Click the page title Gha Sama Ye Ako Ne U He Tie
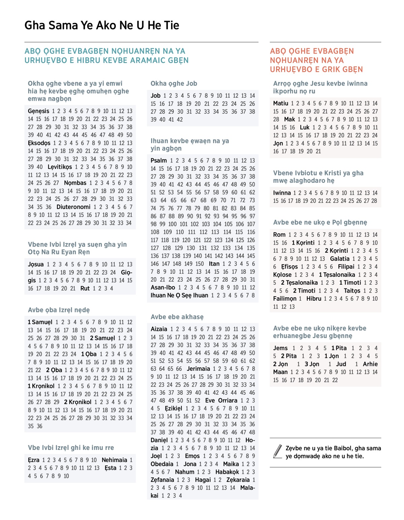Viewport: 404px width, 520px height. click(x=102, y=25)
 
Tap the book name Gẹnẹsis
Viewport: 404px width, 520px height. click(x=38, y=111)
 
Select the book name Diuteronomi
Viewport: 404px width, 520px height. click(x=73, y=207)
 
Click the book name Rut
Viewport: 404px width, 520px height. click(x=85, y=288)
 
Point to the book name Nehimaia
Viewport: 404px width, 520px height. click(x=114, y=460)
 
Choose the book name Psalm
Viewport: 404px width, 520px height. click(x=159, y=160)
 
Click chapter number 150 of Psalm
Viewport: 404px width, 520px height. click(x=200, y=264)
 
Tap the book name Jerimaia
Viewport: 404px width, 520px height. click(x=198, y=369)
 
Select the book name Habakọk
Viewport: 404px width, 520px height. click(x=227, y=472)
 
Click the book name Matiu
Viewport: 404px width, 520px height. click(x=280, y=103)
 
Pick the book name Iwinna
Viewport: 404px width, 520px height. click(x=282, y=193)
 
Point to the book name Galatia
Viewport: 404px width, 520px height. click(x=339, y=259)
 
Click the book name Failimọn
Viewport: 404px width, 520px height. click(x=284, y=299)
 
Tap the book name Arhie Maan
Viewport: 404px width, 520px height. click(x=370, y=364)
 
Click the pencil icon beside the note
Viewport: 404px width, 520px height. click(x=278, y=451)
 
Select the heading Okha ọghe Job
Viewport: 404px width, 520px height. click(x=174, y=84)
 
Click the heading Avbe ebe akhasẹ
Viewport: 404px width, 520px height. click(x=177, y=317)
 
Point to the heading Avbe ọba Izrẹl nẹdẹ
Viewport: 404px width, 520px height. click(x=59, y=310)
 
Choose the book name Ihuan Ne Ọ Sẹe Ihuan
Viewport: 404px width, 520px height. click(x=179, y=296)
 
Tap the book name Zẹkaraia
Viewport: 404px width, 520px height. click(x=238, y=480)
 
